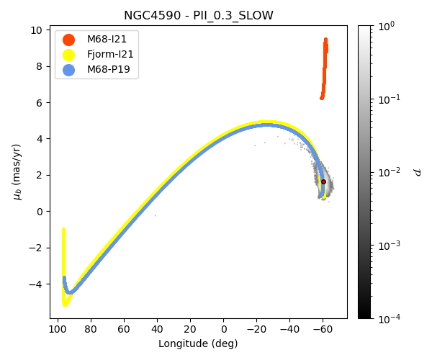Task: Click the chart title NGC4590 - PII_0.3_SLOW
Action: pyautogui.click(x=198, y=16)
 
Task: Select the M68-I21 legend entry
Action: pyautogui.click(x=107, y=40)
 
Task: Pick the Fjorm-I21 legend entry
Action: pyautogui.click(x=110, y=55)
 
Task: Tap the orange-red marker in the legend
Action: pyautogui.click(x=68, y=40)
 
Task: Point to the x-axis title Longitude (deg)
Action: pyautogui.click(x=198, y=343)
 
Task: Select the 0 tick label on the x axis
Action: pyautogui.click(x=223, y=329)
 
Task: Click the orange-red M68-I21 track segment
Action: pyautogui.click(x=325, y=65)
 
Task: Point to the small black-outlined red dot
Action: pyautogui.click(x=323, y=182)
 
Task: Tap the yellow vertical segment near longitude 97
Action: pyautogui.click(x=64, y=259)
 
